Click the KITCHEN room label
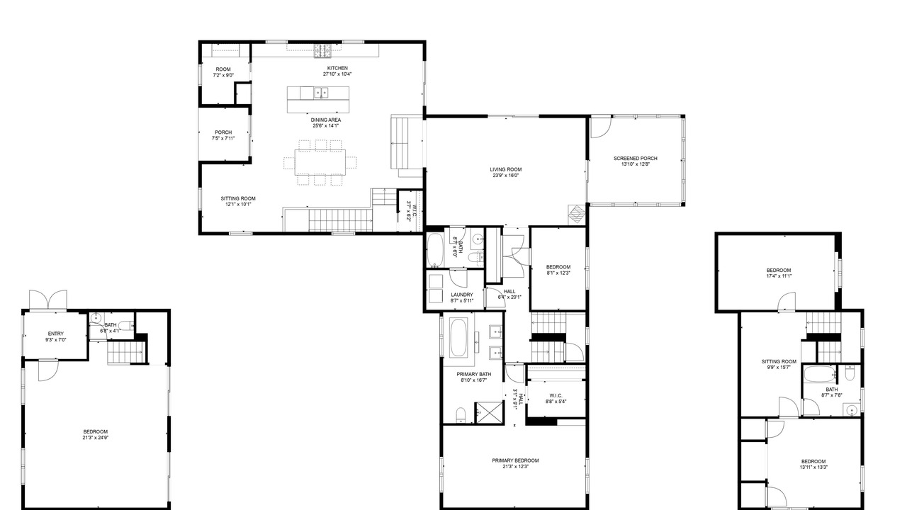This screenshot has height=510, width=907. click(x=337, y=68)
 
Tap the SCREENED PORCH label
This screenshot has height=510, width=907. click(x=636, y=158)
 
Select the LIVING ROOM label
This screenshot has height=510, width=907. click(x=506, y=169)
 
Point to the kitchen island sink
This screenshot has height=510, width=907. click(x=321, y=93)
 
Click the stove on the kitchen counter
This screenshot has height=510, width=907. click(x=322, y=50)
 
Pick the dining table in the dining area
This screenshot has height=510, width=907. click(x=320, y=162)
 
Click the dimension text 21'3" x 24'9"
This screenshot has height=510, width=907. click(x=96, y=438)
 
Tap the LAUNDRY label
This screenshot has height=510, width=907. click(x=461, y=295)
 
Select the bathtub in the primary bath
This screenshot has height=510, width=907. click(x=458, y=337)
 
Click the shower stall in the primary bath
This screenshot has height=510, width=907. click(x=489, y=413)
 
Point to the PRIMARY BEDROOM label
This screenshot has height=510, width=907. click(x=515, y=460)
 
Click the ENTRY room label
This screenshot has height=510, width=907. click(x=55, y=334)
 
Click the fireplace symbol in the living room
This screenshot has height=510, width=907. click(x=577, y=215)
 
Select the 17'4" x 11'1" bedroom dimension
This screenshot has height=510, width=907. click(x=779, y=276)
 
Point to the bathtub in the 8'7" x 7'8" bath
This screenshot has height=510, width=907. click(x=820, y=375)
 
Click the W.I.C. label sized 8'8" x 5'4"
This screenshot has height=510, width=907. click(x=556, y=396)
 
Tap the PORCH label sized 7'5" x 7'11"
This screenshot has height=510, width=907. click(x=223, y=132)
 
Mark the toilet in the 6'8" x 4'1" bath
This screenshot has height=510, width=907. click(x=126, y=325)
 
